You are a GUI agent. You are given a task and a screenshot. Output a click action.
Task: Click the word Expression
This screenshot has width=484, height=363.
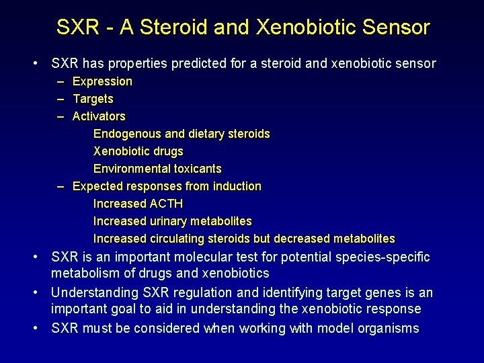point(102,81)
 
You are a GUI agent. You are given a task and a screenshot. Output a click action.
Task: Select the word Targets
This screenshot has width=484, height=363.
point(93,99)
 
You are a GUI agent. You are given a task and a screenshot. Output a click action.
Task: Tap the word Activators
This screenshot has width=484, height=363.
point(99,116)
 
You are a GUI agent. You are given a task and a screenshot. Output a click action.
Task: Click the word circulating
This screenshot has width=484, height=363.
point(176,239)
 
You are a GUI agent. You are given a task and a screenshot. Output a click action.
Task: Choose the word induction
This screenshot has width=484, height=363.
point(237,186)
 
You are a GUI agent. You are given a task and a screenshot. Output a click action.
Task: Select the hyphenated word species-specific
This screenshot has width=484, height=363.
point(376,257)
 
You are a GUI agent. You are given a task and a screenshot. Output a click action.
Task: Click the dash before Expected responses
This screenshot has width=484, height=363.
point(61,186)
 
